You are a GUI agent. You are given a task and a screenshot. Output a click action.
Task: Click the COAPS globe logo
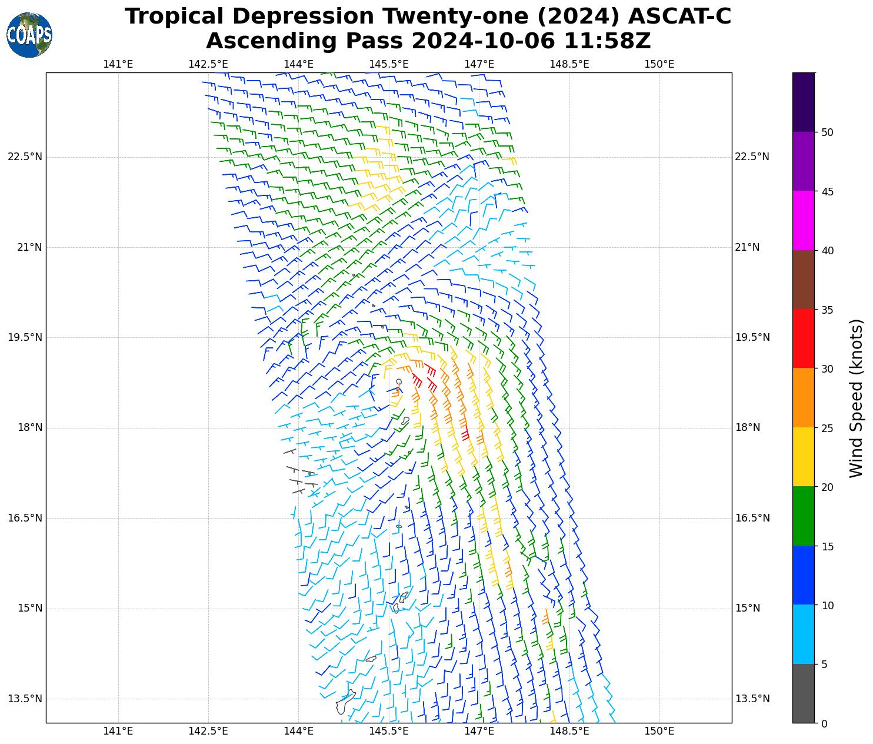[29, 35]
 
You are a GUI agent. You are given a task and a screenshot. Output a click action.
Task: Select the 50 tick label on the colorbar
[827, 132]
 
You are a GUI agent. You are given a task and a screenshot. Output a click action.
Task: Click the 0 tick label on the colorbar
[824, 724]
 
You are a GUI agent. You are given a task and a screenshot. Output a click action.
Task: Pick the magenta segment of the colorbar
[803, 221]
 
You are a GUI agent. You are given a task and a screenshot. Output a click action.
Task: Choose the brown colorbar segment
[803, 280]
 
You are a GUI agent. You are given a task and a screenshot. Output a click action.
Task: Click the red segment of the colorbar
[803, 339]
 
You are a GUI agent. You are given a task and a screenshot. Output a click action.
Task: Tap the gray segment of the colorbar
[803, 693]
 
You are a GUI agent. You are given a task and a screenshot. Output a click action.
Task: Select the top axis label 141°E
[118, 64]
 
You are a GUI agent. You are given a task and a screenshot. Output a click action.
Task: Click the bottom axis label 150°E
[659, 731]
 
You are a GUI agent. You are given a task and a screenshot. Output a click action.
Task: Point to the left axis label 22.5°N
[25, 157]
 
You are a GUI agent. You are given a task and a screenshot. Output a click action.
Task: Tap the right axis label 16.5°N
[752, 518]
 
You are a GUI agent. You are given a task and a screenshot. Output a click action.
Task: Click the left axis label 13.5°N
[25, 699]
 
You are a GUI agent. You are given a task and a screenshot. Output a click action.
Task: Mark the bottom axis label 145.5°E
[388, 731]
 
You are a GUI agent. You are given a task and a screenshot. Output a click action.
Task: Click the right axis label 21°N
[747, 247]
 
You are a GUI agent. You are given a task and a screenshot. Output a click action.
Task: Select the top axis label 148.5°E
[569, 64]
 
